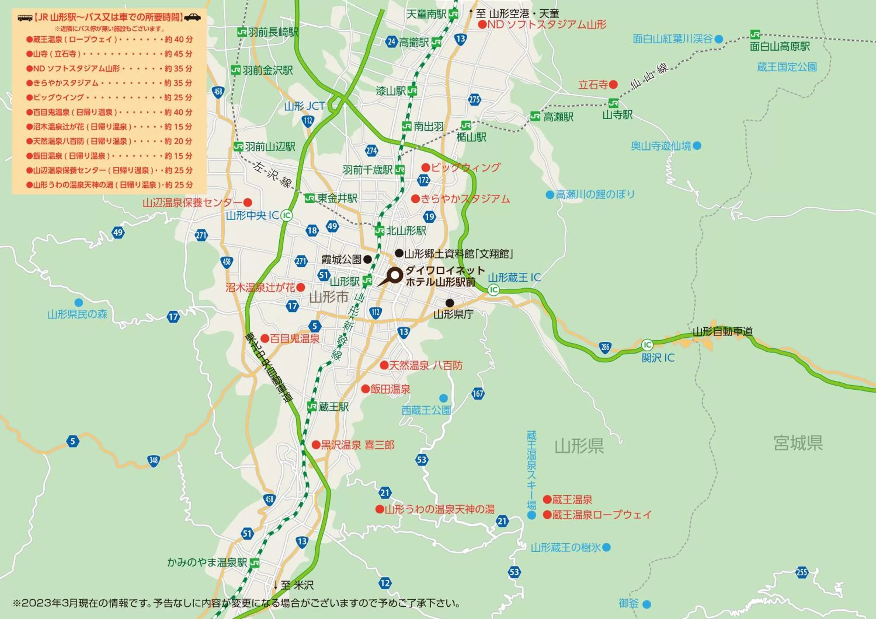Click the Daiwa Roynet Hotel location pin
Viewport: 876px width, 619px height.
[x=395, y=275]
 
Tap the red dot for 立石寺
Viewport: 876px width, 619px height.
[x=613, y=85]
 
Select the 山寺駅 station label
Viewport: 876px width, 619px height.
[x=617, y=115]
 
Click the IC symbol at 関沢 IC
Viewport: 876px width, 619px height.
[x=647, y=345]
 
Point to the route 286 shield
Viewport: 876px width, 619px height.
[x=605, y=347]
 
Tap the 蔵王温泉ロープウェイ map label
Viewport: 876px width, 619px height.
[x=602, y=515]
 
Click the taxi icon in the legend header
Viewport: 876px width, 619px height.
[x=193, y=17]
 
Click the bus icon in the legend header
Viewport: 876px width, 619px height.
[x=25, y=18]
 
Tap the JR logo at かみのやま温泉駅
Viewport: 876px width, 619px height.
[x=255, y=563]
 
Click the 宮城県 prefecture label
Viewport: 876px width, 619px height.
[x=798, y=443]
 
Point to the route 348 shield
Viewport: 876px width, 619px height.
[x=153, y=460]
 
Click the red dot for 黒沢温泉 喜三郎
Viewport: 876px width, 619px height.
[x=316, y=445]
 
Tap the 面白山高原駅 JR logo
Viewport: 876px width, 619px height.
[x=755, y=35]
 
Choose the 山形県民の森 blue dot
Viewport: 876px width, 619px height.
[x=79, y=302]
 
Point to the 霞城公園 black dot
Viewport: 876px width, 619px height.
[x=367, y=260]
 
